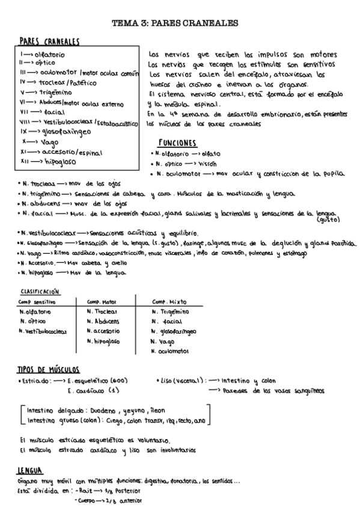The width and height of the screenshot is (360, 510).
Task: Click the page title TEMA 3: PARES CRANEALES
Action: tap(175, 23)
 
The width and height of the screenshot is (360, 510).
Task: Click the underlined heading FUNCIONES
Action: tap(177, 143)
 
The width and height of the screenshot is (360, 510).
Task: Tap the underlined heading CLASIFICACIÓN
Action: tap(40, 290)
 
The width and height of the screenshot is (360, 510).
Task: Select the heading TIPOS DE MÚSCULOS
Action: tap(49, 369)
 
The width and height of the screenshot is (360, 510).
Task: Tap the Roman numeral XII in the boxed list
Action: tap(25, 161)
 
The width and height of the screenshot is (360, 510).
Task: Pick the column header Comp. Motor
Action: tap(102, 301)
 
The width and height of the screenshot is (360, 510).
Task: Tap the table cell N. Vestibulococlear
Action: tap(43, 331)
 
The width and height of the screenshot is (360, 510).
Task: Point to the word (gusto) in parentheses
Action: tap(328, 220)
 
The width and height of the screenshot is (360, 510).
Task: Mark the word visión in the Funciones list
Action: tap(206, 164)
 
